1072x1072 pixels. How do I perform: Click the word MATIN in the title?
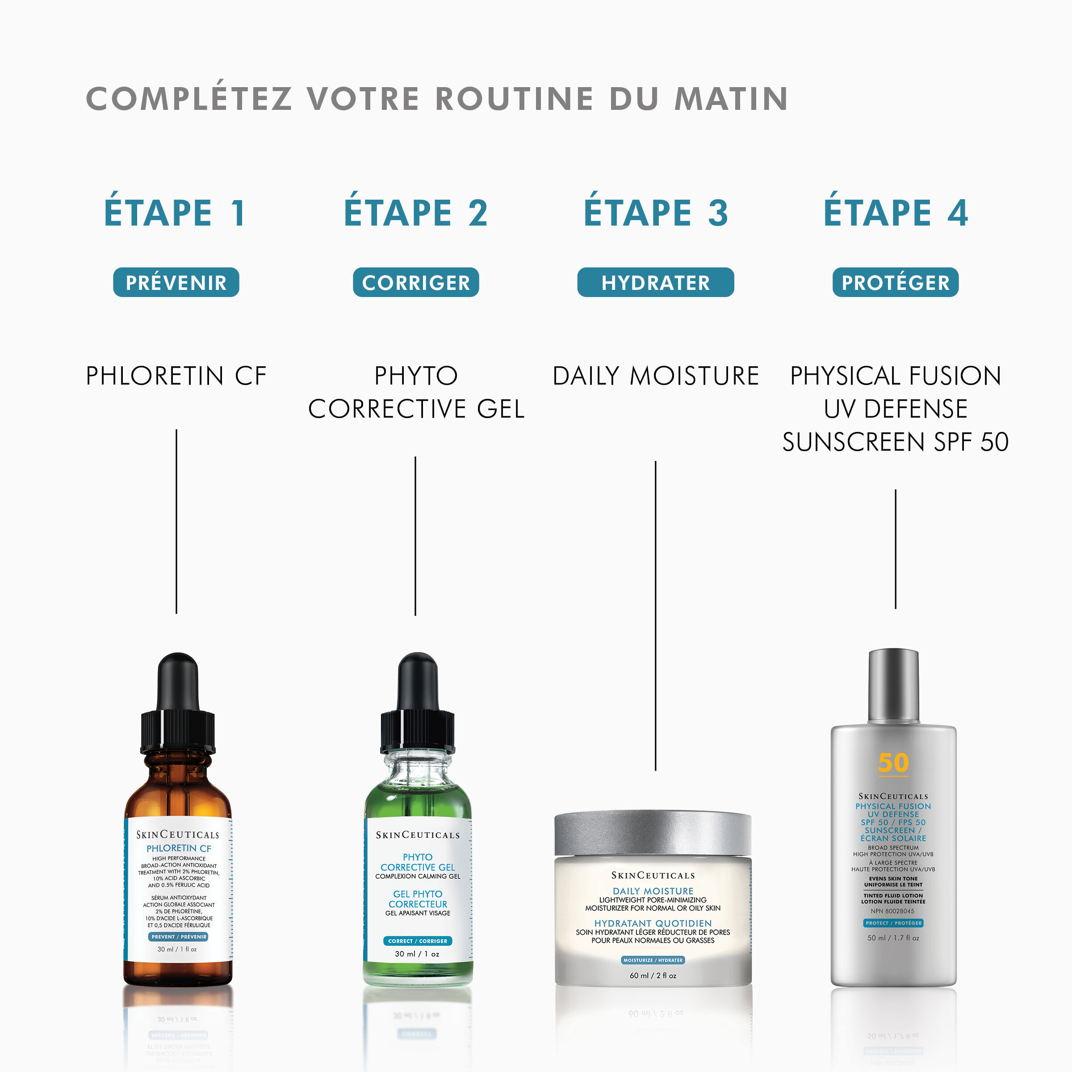coord(731,99)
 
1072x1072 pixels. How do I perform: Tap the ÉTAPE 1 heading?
coord(176,213)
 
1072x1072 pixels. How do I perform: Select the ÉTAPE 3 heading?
coord(655,213)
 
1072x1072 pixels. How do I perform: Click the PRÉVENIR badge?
coord(176,282)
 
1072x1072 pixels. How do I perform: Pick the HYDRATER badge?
coord(655,282)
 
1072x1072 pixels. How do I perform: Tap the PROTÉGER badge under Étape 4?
coord(895,282)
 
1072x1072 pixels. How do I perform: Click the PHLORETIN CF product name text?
coord(176,376)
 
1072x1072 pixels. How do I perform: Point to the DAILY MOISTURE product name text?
coord(655,376)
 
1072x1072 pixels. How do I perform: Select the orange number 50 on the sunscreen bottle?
coord(893,763)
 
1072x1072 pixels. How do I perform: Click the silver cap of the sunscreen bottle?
coord(893,685)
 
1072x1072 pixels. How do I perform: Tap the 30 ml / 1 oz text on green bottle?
coord(417,954)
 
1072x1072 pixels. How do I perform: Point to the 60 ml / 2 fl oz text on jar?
coord(653,975)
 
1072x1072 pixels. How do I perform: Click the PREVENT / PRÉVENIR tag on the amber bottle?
coord(179,936)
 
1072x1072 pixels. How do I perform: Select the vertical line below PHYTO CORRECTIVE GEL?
coord(415,536)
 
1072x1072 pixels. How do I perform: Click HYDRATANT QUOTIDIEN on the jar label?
coord(653,923)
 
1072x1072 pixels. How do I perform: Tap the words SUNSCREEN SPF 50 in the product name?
coord(895,442)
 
